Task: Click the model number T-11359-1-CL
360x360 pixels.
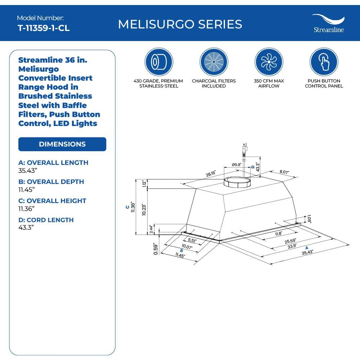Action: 44,28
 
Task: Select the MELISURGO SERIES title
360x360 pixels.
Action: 180,24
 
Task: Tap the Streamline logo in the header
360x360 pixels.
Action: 328,24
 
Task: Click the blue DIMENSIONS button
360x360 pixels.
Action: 62,144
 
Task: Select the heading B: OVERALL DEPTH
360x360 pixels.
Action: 51,181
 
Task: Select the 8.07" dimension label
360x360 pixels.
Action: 284,172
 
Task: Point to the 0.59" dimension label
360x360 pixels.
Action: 156,248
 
